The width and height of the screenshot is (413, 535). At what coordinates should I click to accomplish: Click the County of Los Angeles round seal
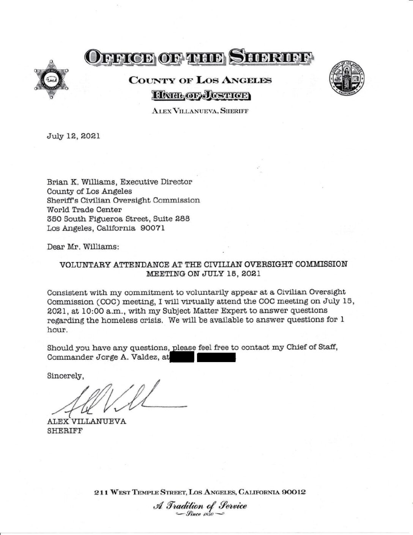[x=347, y=79]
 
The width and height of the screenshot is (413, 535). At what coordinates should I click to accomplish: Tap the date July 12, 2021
[x=73, y=136]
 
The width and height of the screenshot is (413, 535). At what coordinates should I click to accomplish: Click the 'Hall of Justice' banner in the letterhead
[x=200, y=95]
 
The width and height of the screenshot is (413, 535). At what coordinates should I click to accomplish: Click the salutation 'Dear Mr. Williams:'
[x=83, y=247]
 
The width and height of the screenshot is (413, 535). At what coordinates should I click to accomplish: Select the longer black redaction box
[x=216, y=358]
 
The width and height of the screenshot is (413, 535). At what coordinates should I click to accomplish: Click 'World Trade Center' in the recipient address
[x=84, y=210]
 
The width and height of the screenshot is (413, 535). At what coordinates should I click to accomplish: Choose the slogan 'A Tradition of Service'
[x=200, y=506]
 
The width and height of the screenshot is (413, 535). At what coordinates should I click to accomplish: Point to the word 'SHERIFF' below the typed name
[x=65, y=431]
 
